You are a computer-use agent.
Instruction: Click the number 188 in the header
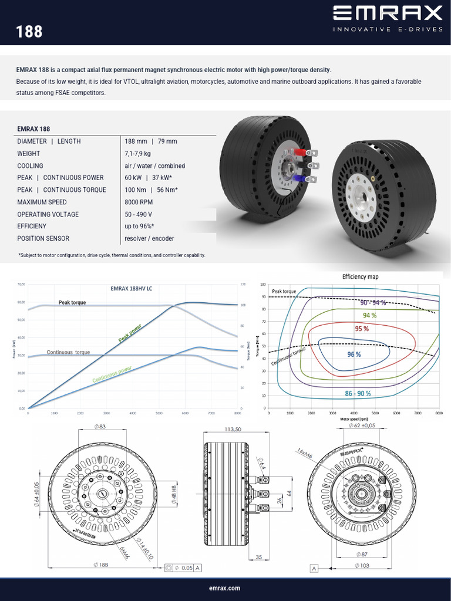[30, 31]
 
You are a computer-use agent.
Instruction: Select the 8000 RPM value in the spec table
[139, 202]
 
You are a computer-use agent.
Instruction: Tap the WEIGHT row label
[29, 154]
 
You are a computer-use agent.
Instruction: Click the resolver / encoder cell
[149, 238]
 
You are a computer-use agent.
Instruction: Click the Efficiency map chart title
[364, 276]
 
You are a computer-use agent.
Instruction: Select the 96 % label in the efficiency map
[354, 354]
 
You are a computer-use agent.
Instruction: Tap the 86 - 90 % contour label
[354, 393]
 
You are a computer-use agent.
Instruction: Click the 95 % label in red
[362, 329]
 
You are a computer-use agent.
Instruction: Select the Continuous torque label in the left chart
[68, 352]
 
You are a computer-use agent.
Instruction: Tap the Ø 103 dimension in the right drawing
[364, 565]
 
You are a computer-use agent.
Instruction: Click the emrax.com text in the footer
[225, 588]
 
